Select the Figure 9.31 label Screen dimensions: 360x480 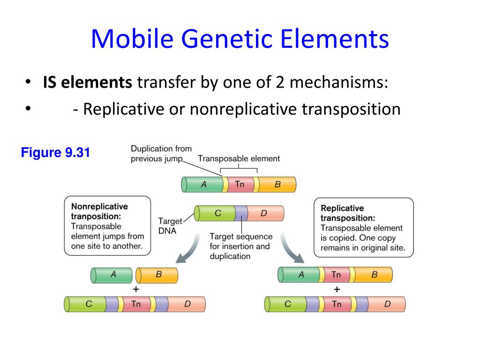tap(55, 153)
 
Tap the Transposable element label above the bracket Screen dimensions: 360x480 tap(239, 158)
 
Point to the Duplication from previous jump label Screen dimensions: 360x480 tap(161, 154)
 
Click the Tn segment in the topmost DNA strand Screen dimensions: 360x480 tap(240, 184)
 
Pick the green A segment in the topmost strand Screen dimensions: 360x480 tap(203, 185)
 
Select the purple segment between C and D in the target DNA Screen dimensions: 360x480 tap(241, 213)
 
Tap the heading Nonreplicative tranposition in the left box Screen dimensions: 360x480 tap(99, 211)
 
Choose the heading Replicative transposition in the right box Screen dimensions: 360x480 tap(348, 213)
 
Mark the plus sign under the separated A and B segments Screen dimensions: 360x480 tap(136, 289)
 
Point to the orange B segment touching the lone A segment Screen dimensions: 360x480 tap(157, 275)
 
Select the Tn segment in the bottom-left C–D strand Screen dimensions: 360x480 tap(136, 304)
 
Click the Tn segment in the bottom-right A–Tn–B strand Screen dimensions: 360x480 tap(336, 275)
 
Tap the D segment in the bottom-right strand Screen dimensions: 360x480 tap(387, 304)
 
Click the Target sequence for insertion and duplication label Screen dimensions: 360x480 tap(240, 246)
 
